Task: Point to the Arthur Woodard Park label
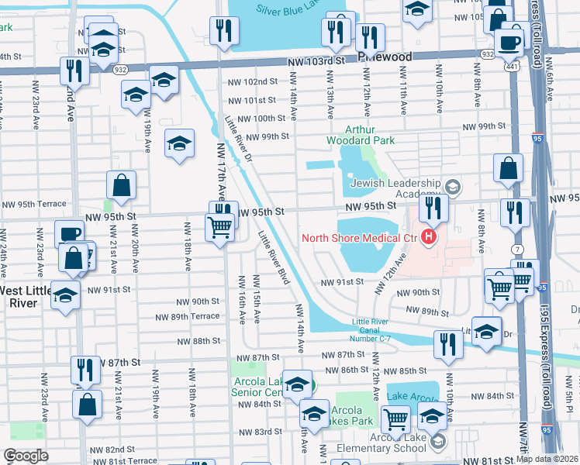click(x=371, y=134)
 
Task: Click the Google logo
click(x=26, y=455)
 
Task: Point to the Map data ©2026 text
click(x=547, y=459)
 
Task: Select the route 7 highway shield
click(x=517, y=249)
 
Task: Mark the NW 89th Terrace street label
click(x=188, y=316)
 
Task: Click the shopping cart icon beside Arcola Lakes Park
click(x=396, y=419)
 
